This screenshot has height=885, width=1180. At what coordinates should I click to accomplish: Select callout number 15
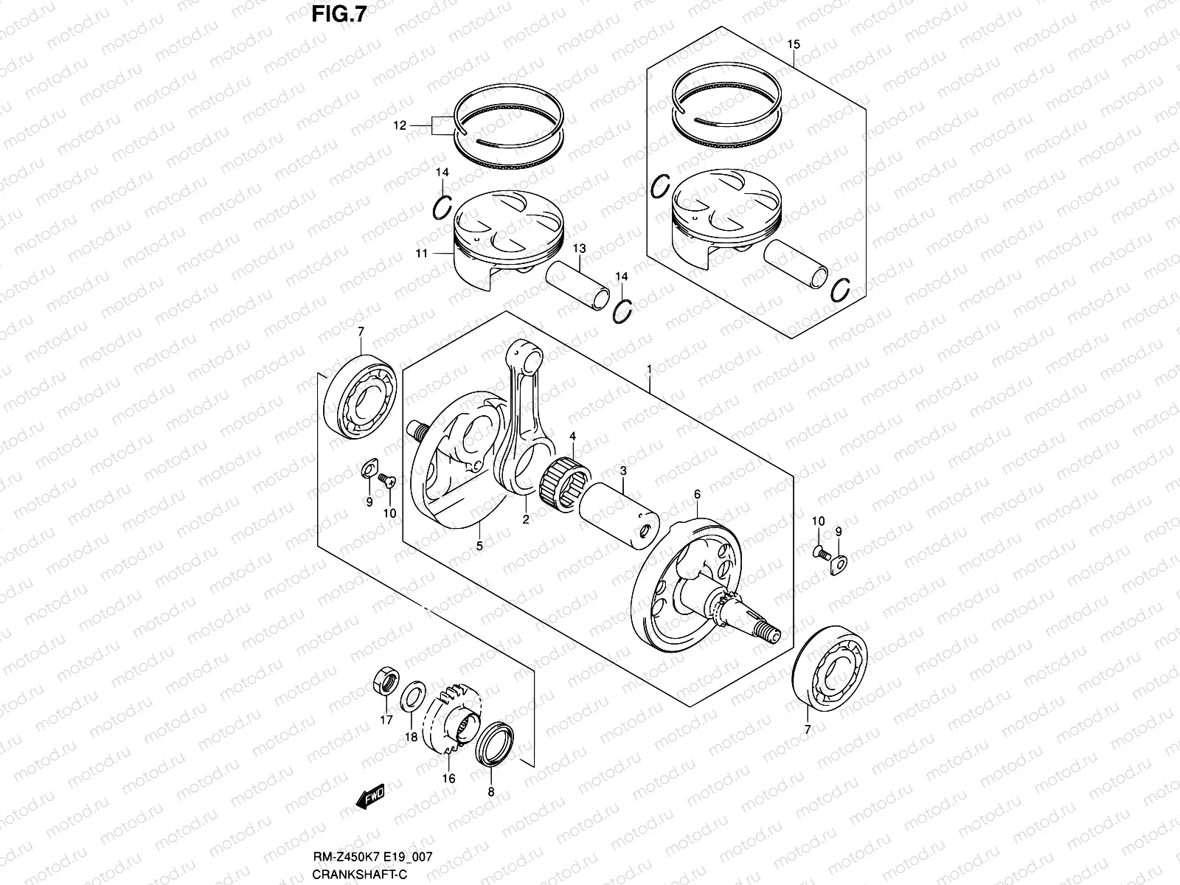pos(793,45)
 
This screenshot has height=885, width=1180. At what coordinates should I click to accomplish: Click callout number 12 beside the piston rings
pos(420,126)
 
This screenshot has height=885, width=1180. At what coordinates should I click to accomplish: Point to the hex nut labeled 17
pos(384,681)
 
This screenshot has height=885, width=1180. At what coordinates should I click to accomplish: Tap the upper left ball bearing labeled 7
pos(362,399)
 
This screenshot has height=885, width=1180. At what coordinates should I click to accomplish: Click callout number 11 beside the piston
pos(421,254)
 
